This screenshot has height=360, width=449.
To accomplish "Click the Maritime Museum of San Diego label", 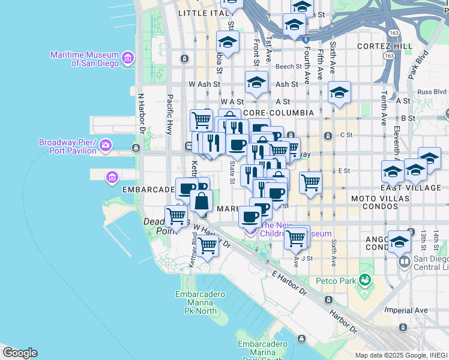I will [x=85, y=58].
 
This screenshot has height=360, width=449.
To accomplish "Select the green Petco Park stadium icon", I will [x=364, y=280].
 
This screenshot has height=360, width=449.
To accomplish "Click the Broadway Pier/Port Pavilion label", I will [x=68, y=146].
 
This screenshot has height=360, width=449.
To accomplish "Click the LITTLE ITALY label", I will [x=200, y=13].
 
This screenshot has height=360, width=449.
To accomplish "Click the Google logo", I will [x=20, y=353].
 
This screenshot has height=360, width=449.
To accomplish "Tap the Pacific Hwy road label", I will [x=170, y=115].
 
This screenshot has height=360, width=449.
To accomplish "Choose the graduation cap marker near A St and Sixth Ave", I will [x=339, y=92].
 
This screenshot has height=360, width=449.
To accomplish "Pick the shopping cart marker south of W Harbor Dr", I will [x=207, y=244].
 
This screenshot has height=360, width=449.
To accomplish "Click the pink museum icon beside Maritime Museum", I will [x=127, y=58].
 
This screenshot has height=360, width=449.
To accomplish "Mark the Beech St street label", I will [x=289, y=67].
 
